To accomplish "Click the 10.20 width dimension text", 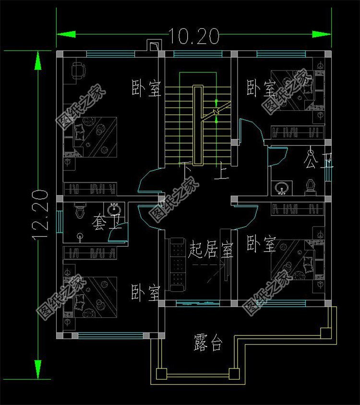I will pyautogui.click(x=193, y=36).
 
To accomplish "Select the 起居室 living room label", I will pyautogui.click(x=211, y=250).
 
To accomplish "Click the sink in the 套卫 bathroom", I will pyautogui.click(x=114, y=210).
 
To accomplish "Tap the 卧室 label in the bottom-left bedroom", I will pyautogui.click(x=145, y=292).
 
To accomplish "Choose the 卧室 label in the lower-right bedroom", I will pyautogui.click(x=261, y=244).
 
